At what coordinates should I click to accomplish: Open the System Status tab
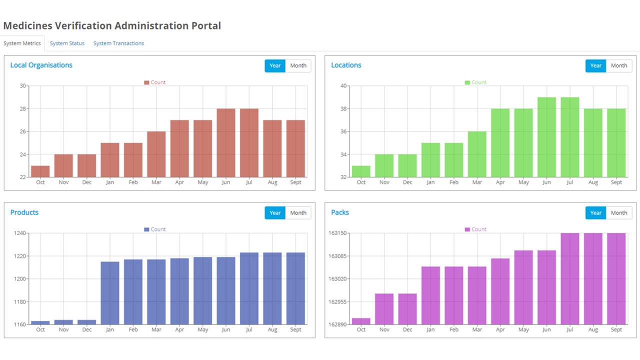pyautogui.click(x=67, y=43)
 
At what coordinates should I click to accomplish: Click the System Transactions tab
pyautogui.click(x=118, y=43)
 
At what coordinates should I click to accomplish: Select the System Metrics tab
pyautogui.click(x=22, y=43)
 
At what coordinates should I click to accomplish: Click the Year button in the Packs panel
pyautogui.click(x=595, y=213)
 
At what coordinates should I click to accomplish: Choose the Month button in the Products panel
pyautogui.click(x=298, y=213)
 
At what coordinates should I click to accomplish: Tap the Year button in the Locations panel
pyautogui.click(x=595, y=65)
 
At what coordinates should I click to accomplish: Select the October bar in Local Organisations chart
pyautogui.click(x=40, y=171)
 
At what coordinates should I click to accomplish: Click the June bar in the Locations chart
pyautogui.click(x=546, y=137)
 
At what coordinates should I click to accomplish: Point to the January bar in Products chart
pyautogui.click(x=110, y=293)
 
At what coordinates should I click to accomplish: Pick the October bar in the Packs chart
pyautogui.click(x=361, y=321)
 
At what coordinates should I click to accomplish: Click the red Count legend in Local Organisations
pyautogui.click(x=155, y=82)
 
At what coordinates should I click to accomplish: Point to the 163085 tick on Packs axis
pyautogui.click(x=338, y=256)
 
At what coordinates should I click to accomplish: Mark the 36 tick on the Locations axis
pyautogui.click(x=343, y=131)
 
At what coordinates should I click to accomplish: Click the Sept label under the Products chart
pyautogui.click(x=295, y=330)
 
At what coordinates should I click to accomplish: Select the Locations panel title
pyautogui.click(x=346, y=65)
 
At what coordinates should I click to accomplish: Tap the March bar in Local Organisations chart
pyautogui.click(x=156, y=154)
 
